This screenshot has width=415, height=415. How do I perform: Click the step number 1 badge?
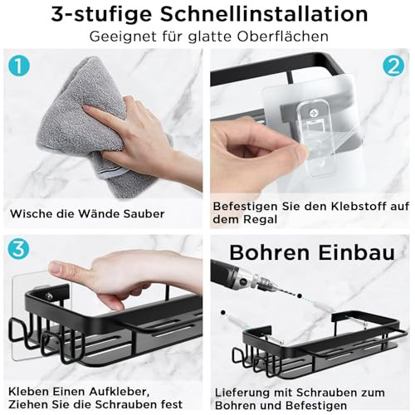pyautogui.click(x=19, y=66)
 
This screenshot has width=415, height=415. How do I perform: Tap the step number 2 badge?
pyautogui.click(x=393, y=66)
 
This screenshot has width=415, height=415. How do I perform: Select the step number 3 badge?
pyautogui.click(x=18, y=249)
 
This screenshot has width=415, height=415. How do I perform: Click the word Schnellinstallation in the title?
pyautogui.click(x=264, y=14)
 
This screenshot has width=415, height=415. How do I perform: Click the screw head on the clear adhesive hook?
pyautogui.click(x=313, y=113)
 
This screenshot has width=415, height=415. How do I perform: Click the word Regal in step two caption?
pyautogui.click(x=260, y=220)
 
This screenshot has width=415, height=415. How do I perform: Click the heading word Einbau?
pyautogui.click(x=357, y=252)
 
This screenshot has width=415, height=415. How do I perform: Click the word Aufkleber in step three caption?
pyautogui.click(x=120, y=392)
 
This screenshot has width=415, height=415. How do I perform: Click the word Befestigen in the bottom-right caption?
pyautogui.click(x=316, y=406)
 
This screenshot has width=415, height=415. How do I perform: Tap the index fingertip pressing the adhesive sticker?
pyautogui.click(x=56, y=268)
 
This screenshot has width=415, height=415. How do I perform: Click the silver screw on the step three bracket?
pyautogui.click(x=50, y=296)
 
